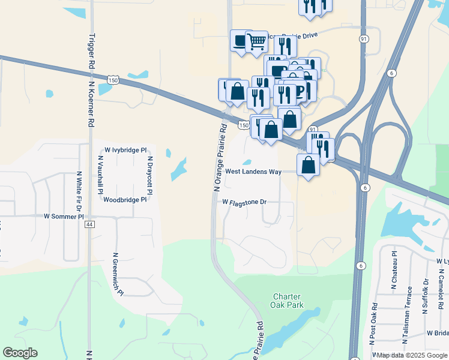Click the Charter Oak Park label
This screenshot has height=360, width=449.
click(288, 301)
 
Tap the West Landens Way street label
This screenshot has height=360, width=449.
click(253, 172)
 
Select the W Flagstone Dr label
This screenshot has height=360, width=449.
click(244, 203)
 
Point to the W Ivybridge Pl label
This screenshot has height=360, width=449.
click(125, 149)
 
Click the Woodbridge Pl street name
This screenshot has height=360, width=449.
click(125, 200)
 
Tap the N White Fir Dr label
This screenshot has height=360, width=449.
click(78, 190)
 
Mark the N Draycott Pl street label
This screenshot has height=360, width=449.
click(150, 175)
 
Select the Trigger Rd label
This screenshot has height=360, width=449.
click(91, 51)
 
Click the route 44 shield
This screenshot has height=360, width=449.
click(90, 224)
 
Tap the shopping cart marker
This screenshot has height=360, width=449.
click(257, 41)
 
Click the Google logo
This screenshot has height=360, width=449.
click(20, 353)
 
